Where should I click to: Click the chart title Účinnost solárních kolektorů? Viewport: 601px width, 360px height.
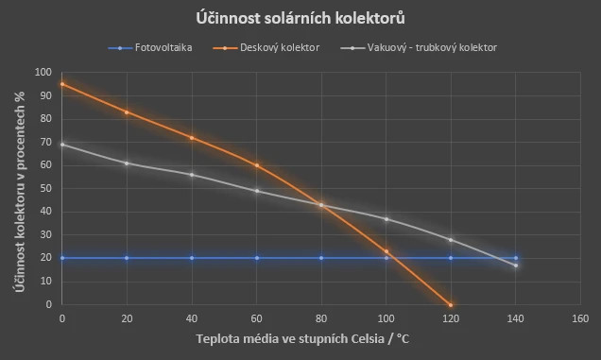coord(300,19)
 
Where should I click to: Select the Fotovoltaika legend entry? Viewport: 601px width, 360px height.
coord(161,46)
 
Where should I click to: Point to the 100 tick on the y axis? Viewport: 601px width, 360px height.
coord(43,72)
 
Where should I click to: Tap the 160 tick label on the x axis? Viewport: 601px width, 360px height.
coord(580,318)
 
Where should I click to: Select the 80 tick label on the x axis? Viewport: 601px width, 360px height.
coord(321,318)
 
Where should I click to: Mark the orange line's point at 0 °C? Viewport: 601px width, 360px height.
coord(62,84)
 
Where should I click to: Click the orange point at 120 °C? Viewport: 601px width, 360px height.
coord(451,304)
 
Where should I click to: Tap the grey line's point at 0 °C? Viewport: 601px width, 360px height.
coord(62,145)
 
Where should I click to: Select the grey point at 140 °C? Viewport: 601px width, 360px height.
coord(516,266)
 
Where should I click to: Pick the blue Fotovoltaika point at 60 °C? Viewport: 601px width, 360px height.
coord(257,258)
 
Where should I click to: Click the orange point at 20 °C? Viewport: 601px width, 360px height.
coord(127,111)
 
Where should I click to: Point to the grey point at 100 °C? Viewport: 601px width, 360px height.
coord(386,219)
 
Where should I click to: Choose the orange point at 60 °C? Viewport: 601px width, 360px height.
coord(257,165)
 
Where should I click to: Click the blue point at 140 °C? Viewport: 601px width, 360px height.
coord(516,258)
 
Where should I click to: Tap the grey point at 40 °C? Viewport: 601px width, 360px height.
coord(192,175)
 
